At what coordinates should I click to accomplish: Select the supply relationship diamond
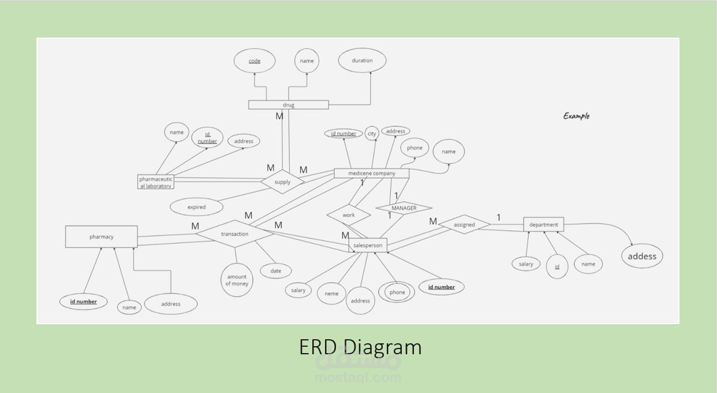tap(282, 181)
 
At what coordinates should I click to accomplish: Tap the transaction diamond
tap(234, 233)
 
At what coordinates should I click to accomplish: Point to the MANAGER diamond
tap(404, 208)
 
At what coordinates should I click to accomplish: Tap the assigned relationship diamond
tap(464, 224)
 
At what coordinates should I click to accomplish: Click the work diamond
tap(349, 215)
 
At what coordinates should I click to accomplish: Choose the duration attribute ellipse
tap(362, 60)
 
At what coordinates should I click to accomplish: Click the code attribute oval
tap(255, 61)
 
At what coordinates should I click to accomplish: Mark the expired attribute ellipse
tap(196, 207)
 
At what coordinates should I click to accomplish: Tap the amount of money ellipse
tap(237, 280)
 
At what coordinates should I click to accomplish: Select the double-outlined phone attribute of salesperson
tap(397, 292)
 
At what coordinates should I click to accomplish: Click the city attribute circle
tap(372, 134)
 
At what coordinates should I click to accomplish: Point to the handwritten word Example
tap(576, 116)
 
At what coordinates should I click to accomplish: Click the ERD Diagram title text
tap(360, 347)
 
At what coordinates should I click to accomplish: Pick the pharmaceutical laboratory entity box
tap(156, 181)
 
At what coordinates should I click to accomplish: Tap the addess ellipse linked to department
tap(642, 256)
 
